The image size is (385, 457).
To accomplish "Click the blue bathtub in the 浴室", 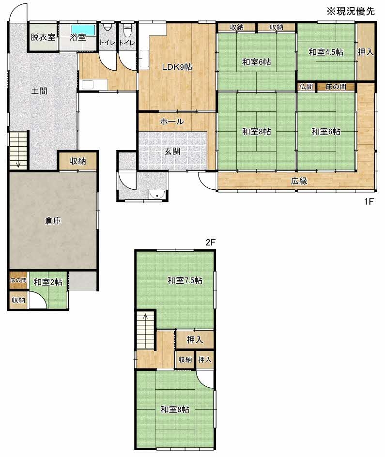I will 84,28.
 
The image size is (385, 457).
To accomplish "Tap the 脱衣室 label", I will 43,37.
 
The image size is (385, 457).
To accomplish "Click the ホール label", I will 172,122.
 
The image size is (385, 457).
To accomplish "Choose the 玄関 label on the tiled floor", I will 172,151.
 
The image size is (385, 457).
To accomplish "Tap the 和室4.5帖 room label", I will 325,52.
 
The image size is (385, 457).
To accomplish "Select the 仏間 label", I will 306,87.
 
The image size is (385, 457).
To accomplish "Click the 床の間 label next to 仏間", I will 335,87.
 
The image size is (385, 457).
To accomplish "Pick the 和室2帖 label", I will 47,282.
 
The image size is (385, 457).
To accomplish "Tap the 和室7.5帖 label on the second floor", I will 185,280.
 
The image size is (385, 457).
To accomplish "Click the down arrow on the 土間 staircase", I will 18,163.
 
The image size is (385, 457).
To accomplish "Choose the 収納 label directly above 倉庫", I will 77,161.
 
